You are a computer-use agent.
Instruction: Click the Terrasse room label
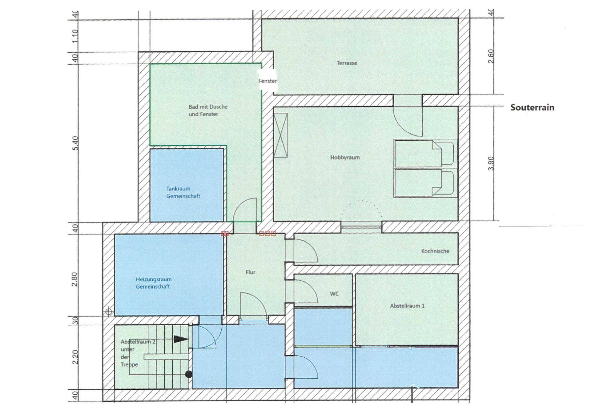pyautogui.click(x=347, y=63)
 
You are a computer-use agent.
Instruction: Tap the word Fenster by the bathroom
pyautogui.click(x=267, y=81)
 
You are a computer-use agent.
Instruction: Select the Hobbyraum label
pyautogui.click(x=345, y=158)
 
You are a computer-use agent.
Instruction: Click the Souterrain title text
pyautogui.click(x=532, y=107)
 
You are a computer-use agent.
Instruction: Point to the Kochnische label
pyautogui.click(x=435, y=251)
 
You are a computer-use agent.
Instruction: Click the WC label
pyautogui.click(x=334, y=294)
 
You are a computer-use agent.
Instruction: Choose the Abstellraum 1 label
pyautogui.click(x=407, y=306)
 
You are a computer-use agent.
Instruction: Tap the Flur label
pyautogui.click(x=250, y=272)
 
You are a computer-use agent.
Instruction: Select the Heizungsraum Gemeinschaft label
pyautogui.click(x=154, y=283)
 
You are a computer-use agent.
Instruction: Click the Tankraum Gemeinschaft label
pyautogui.click(x=183, y=192)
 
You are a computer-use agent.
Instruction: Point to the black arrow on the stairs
pyautogui.click(x=181, y=339)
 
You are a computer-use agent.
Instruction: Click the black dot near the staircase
pyautogui.click(x=189, y=375)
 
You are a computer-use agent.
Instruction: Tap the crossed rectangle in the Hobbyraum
pyautogui.click(x=280, y=135)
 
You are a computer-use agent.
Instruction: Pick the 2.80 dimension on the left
pyautogui.click(x=75, y=279)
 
